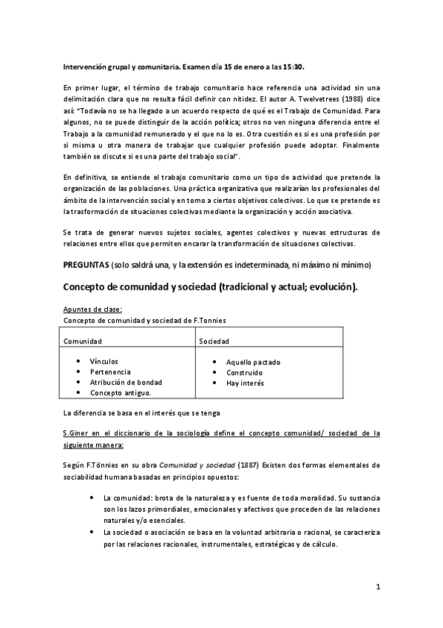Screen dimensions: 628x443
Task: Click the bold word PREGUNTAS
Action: coord(86,264)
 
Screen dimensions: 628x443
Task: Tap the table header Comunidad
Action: coord(82,341)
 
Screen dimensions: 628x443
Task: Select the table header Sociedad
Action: coord(214,341)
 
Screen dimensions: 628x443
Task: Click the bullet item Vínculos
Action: coord(105,361)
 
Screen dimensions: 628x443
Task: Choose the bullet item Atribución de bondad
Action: coord(126,382)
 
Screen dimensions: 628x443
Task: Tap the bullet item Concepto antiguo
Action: coord(120,392)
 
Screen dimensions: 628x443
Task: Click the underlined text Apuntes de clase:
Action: coord(92,309)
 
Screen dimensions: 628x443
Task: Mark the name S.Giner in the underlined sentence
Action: coord(78,433)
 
